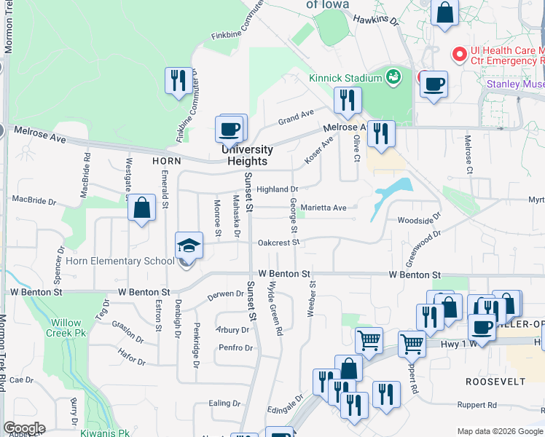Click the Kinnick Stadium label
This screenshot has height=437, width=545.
pos(345,78)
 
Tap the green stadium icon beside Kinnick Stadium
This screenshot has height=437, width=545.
pos(393,76)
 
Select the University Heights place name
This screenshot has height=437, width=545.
pos(244,155)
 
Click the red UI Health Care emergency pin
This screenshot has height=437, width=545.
pos(460,55)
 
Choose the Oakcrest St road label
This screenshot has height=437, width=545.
pos(278,243)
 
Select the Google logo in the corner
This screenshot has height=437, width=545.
pos(23,428)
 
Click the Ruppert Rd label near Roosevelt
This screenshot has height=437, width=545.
pos(477,404)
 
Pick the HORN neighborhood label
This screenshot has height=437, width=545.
pos(166,160)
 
